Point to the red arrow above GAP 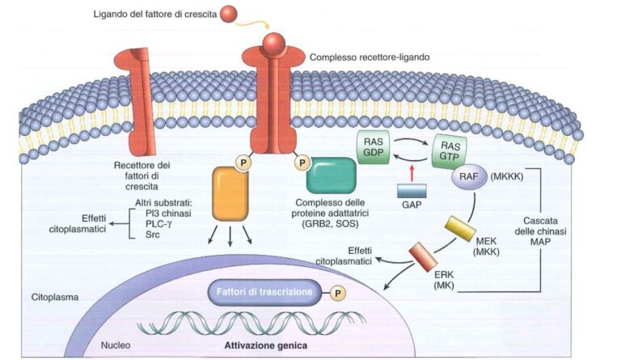tap(413, 172)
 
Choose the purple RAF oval tap(470, 178)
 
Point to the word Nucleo tap(116, 344)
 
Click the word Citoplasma tap(56, 297)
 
